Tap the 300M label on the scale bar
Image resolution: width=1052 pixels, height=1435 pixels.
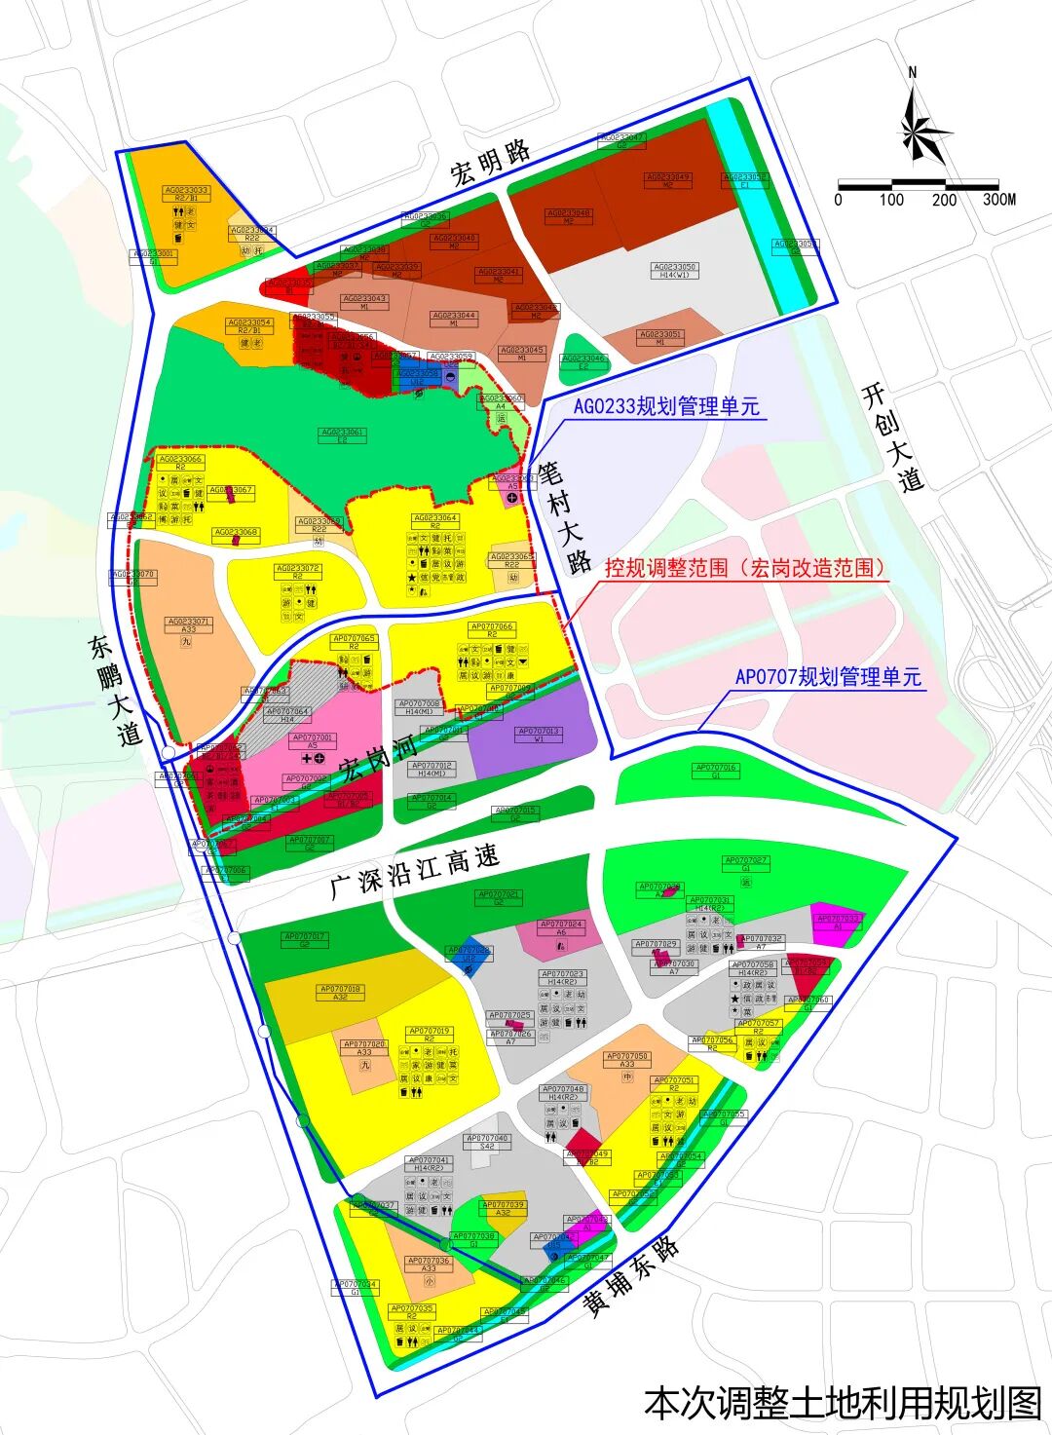tap(998, 200)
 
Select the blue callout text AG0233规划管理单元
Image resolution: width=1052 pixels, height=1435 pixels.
tap(665, 406)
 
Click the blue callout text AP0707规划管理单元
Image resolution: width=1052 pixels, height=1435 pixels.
tap(827, 677)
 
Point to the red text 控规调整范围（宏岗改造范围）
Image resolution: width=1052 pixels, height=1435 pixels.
tap(746, 568)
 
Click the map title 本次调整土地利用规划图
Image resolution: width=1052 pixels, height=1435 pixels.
tap(843, 1403)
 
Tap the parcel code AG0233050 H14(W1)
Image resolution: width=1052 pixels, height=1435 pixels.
tap(675, 270)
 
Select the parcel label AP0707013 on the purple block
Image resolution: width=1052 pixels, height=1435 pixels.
tap(539, 735)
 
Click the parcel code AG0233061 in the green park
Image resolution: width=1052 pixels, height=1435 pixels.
tap(342, 435)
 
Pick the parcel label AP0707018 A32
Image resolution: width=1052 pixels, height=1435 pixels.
tap(340, 993)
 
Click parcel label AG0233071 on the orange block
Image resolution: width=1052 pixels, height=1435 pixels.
tap(188, 624)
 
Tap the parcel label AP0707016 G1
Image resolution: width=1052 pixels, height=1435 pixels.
tap(716, 771)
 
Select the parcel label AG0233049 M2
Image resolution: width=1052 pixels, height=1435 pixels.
tap(667, 180)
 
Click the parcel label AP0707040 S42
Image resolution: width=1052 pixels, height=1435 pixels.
tap(487, 1141)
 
